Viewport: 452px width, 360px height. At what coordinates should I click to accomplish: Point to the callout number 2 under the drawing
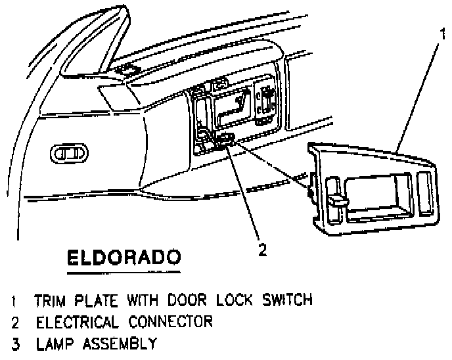tap(261, 249)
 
